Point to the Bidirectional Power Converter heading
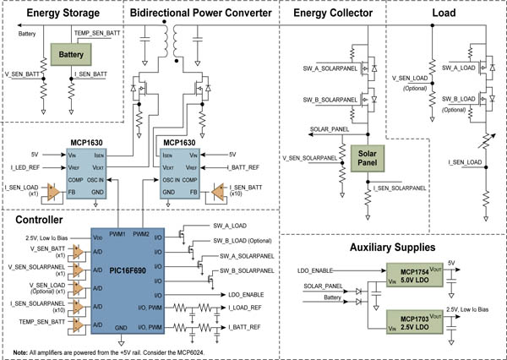[201, 14]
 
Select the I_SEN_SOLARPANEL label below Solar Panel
[403, 186]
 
